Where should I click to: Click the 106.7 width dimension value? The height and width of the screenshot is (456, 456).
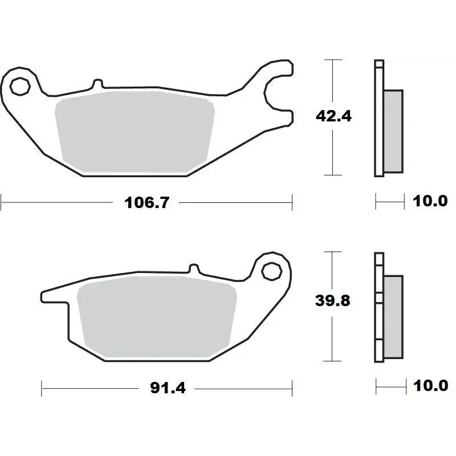pos(147,202)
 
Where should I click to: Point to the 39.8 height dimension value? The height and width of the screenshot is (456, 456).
pos(333,301)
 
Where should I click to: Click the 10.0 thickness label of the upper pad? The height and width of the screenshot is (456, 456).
pos(430,201)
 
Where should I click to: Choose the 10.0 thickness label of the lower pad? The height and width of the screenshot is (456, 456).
pos(430,386)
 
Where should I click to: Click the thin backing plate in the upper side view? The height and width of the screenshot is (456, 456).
pos(378,120)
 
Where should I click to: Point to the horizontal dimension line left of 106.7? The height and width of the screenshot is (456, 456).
pos(57,201)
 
